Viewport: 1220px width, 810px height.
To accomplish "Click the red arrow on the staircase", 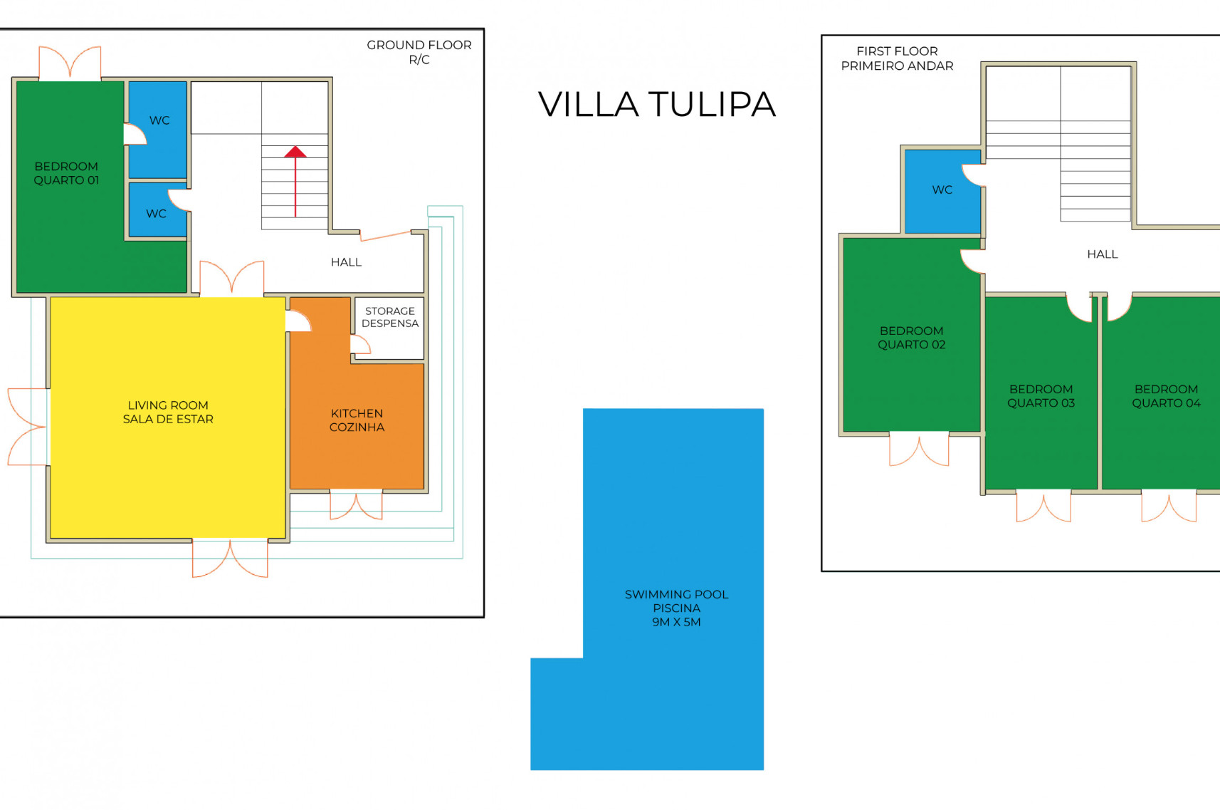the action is coord(295,181).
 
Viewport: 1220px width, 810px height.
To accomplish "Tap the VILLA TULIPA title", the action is coord(656,104).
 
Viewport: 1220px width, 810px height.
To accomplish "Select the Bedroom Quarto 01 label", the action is coord(66,173).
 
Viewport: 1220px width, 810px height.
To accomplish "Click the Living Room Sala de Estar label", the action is coord(168,412).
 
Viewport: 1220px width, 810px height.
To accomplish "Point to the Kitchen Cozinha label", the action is coord(357,420).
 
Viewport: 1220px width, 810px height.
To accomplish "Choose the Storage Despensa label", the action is coord(390,317).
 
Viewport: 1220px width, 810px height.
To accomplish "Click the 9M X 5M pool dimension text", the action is coord(676,622).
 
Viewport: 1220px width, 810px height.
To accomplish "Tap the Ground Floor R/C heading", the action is coord(419,52).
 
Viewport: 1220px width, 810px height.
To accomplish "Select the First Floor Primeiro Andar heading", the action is coord(897,58).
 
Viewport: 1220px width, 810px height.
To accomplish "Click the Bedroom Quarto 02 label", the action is coord(911,338).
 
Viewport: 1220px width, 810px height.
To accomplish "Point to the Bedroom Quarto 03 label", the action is coord(1041,396).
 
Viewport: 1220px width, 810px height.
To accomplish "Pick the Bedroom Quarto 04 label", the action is coord(1166,396).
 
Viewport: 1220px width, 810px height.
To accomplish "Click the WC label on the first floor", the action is coord(942,189).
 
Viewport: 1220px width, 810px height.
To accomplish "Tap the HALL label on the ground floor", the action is coord(346,262).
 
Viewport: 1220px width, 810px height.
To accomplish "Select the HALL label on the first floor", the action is coord(1102,254).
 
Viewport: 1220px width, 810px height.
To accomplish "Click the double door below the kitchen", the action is coord(356,504).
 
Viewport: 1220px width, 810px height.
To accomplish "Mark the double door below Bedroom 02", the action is coord(919,449).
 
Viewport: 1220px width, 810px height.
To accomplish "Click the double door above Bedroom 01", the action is coord(70,63).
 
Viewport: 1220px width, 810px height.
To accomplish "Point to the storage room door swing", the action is coord(360,345).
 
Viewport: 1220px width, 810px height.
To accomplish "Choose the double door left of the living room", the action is coord(28,427).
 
